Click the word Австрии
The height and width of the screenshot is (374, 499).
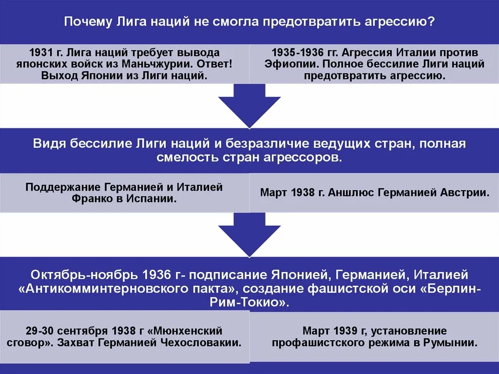click(465, 192)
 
